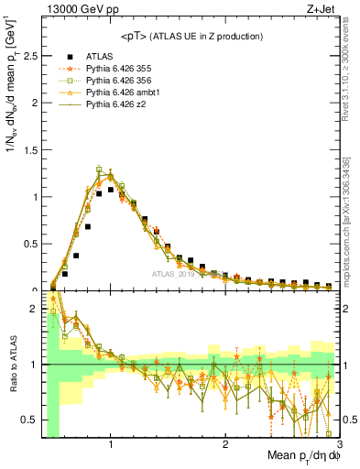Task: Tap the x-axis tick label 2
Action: tap(225, 445)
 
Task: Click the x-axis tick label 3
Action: tap(338, 445)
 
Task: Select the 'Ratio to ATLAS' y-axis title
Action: tap(11, 364)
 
